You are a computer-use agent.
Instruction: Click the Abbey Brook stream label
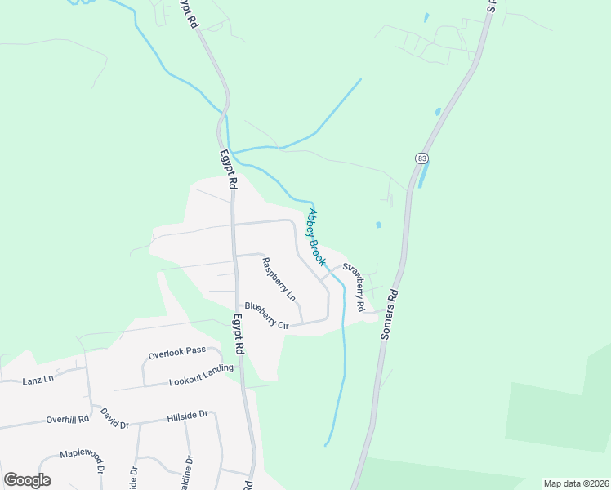[x=316, y=238]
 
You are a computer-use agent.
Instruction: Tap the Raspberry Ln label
[x=278, y=277]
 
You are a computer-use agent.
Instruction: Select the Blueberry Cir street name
[x=266, y=316]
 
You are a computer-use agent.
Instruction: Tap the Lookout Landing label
[x=201, y=374]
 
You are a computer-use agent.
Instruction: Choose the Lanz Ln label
[x=38, y=379]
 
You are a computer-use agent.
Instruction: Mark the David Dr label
[x=114, y=419]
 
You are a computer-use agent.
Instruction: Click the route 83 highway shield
[x=421, y=158]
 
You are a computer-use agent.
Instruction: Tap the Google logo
[x=28, y=479]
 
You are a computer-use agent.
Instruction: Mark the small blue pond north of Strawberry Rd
[x=377, y=225]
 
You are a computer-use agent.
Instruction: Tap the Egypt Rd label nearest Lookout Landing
[x=239, y=336]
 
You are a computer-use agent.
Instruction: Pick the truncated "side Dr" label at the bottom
[x=132, y=476]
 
